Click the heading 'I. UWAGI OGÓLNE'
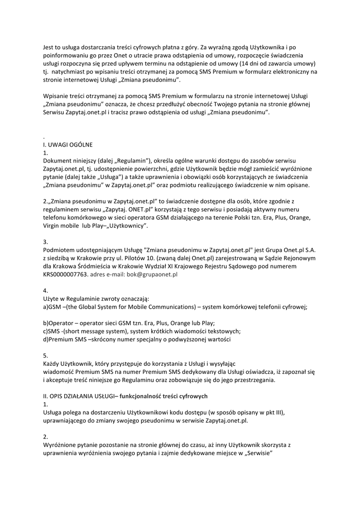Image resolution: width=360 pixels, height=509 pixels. [x=68, y=144]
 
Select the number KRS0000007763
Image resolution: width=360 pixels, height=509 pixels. [x=64, y=274]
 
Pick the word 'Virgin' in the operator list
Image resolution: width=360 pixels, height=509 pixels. [x=52, y=226]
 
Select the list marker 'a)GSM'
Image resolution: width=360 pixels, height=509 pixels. [x=52, y=307]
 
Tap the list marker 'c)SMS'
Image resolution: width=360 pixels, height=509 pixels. [x=52, y=332]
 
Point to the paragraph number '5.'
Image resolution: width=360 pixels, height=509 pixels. [x=46, y=355]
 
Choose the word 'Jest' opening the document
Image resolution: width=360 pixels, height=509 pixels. [x=49, y=48]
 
